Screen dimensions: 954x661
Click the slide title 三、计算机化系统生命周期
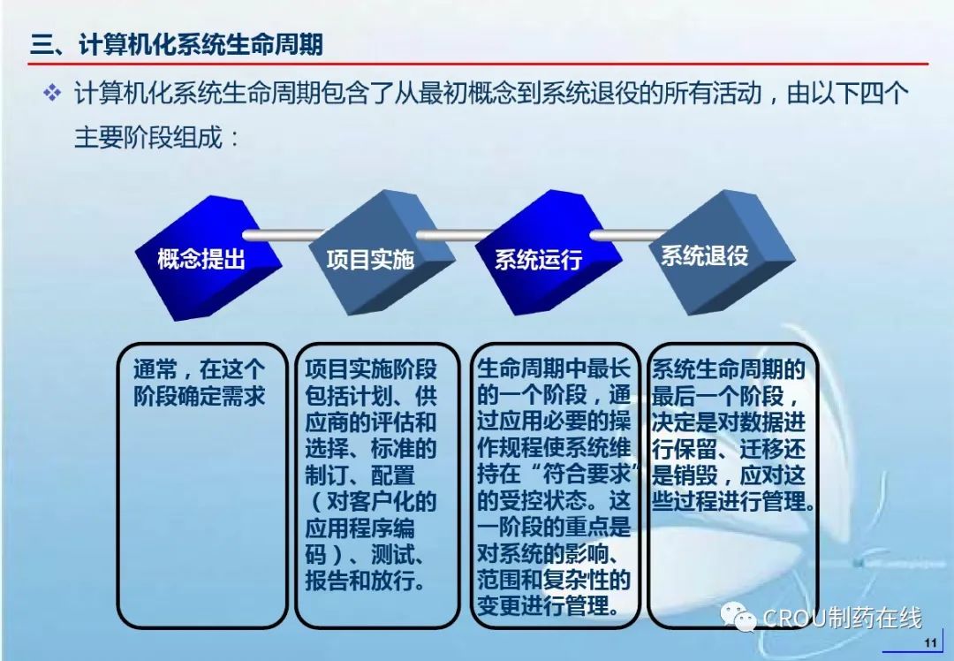[177, 45]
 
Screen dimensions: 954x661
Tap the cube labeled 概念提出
[208, 258]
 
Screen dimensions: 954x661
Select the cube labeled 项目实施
[382, 254]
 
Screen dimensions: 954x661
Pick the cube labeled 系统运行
[549, 254]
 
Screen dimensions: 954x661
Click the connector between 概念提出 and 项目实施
[283, 235]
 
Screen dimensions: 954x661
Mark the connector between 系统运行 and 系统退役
[630, 235]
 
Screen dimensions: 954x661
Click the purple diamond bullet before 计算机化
[52, 93]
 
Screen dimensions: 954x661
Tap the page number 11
[930, 642]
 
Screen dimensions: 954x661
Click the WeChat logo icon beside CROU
[738, 618]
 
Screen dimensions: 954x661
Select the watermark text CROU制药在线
[842, 618]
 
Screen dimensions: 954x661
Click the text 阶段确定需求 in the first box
[200, 396]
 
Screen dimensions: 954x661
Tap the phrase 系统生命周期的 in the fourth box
[729, 369]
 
